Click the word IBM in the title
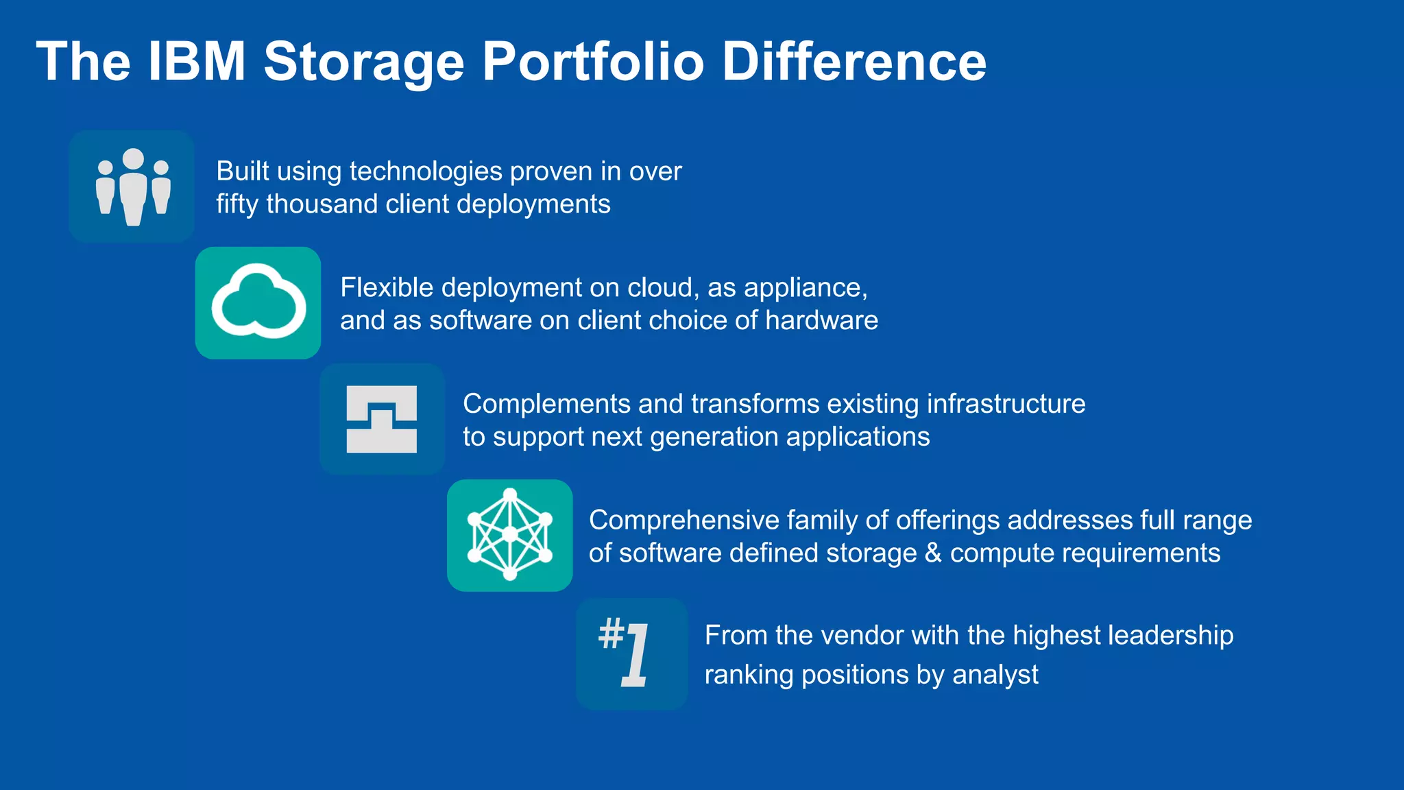[x=196, y=62]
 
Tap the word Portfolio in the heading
[x=593, y=62]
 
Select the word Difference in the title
[x=854, y=62]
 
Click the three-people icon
[x=132, y=187]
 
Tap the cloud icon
[x=258, y=303]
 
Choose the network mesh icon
[x=510, y=536]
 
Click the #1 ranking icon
[x=631, y=654]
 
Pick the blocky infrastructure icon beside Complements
[x=382, y=419]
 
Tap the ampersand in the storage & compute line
[x=933, y=553]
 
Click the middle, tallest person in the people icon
[x=133, y=187]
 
